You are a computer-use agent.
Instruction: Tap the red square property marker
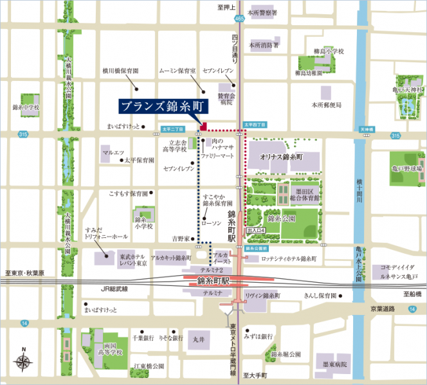[x=204, y=125]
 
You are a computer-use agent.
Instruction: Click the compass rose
[x=24, y=361]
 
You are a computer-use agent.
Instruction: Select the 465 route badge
[x=239, y=20]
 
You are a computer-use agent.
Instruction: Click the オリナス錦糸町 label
[x=281, y=156]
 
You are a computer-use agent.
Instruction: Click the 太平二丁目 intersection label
[x=174, y=129]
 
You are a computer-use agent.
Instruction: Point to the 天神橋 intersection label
[x=367, y=129]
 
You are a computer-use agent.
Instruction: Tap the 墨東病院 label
[x=336, y=364]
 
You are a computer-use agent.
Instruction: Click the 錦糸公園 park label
[x=281, y=219]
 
